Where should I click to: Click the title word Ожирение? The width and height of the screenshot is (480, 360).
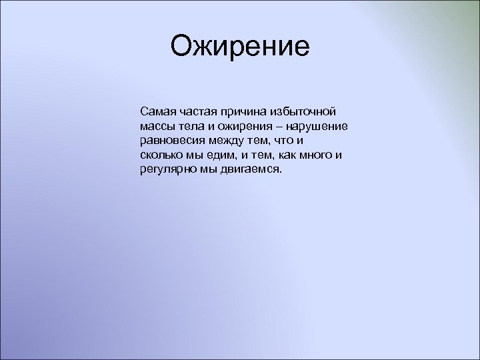(x=240, y=47)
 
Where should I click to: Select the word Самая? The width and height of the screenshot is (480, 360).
(x=155, y=109)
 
